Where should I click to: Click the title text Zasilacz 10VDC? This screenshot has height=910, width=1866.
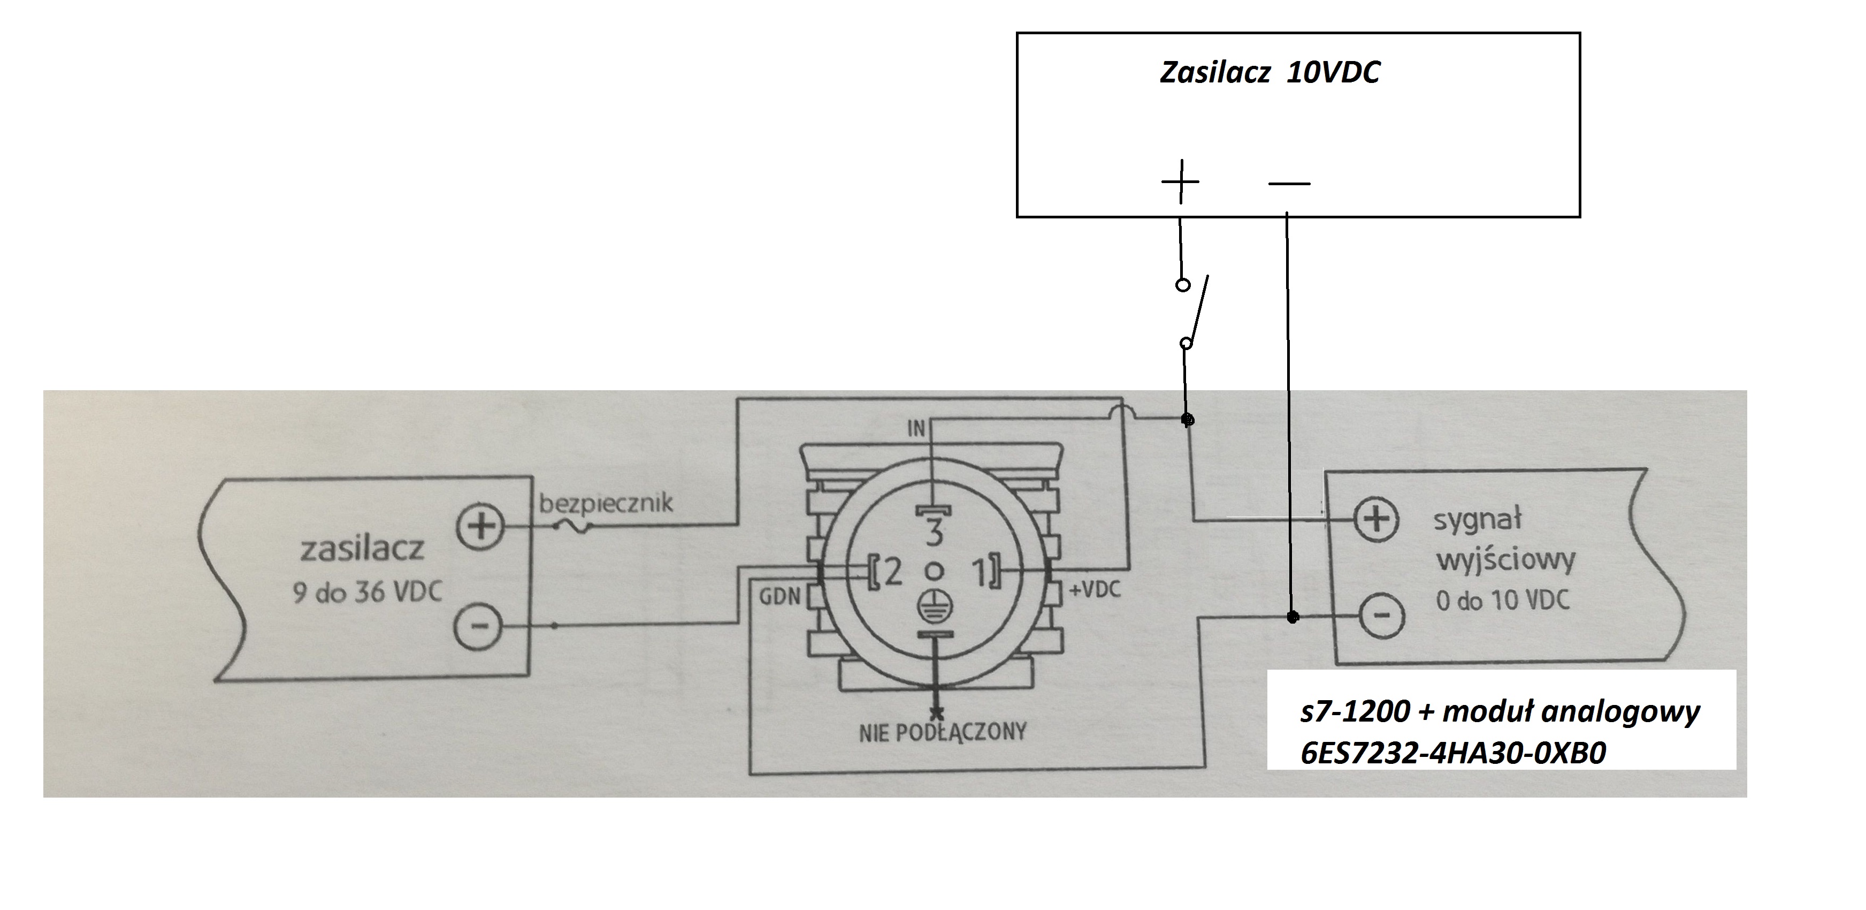(x=1270, y=72)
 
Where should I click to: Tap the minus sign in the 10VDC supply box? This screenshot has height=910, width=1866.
(x=1289, y=183)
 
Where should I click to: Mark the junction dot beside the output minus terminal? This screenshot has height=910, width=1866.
(x=1293, y=617)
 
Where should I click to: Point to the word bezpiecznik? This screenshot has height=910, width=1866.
(x=606, y=502)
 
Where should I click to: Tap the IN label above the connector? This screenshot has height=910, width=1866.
(x=916, y=429)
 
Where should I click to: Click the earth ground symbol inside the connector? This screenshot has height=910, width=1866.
(x=935, y=606)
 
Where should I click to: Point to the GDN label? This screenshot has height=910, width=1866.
(x=779, y=596)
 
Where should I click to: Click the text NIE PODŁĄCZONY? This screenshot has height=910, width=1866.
(x=943, y=732)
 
